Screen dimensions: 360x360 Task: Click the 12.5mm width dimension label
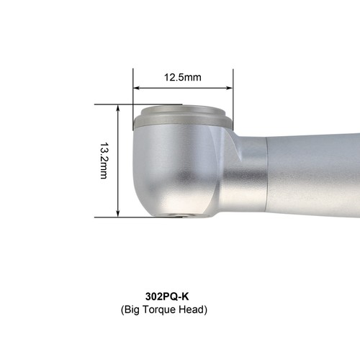(x=183, y=77)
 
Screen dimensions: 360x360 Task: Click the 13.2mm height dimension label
(x=104, y=161)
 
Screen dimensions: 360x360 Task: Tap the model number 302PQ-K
(x=167, y=297)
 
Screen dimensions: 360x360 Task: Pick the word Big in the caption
(x=132, y=310)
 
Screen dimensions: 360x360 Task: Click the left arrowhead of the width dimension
(x=136, y=88)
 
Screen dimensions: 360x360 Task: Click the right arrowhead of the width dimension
(x=230, y=88)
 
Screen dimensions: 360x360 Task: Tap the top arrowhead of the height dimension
(x=117, y=108)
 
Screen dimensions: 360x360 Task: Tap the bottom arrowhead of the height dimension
(x=117, y=214)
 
